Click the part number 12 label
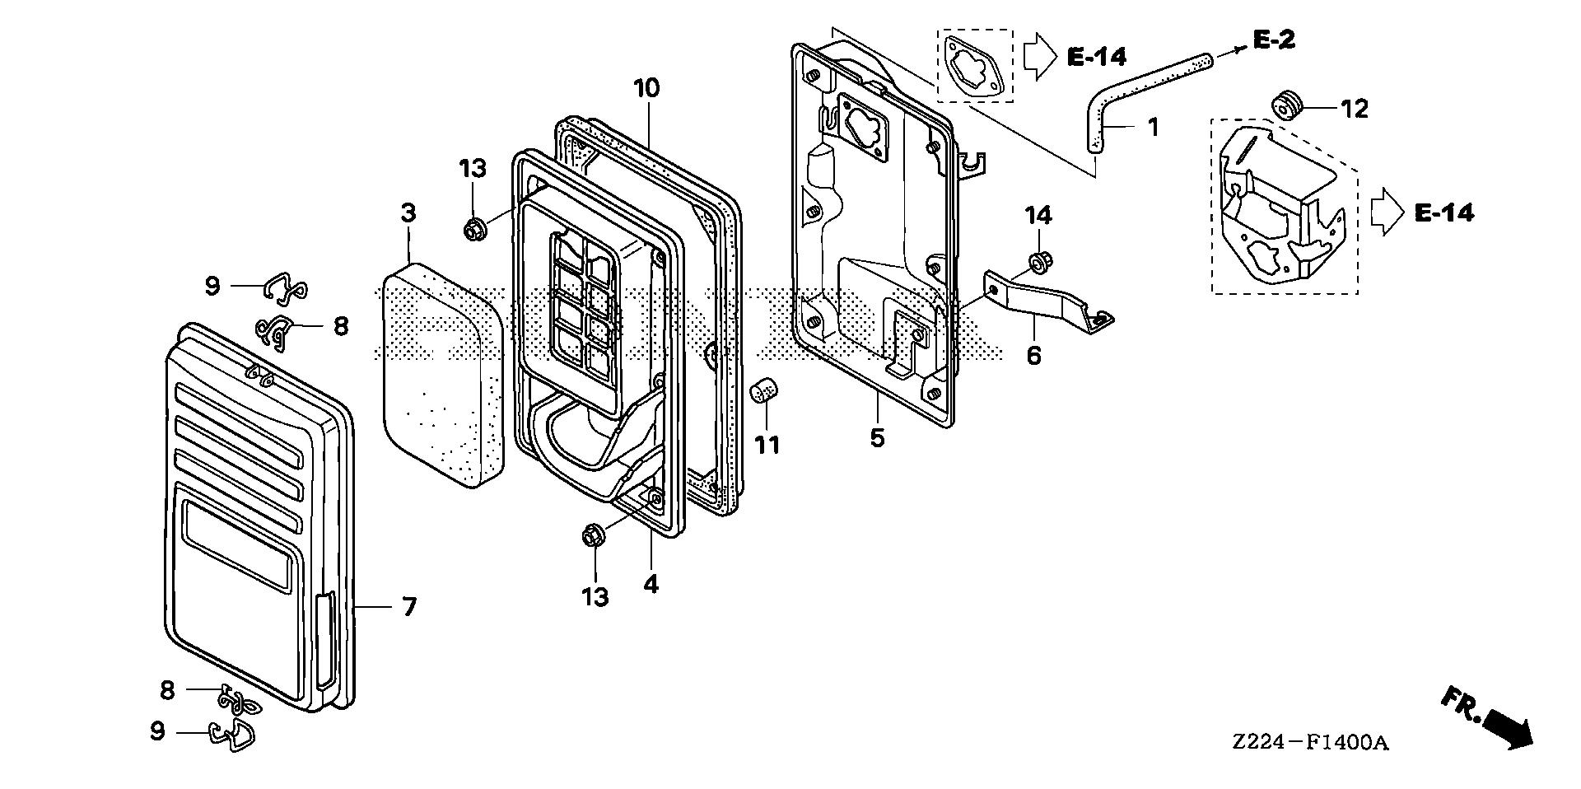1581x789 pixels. (x=1354, y=109)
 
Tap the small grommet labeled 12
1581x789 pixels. (x=1286, y=105)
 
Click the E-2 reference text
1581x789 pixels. (x=1274, y=39)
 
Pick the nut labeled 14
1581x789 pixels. (x=1038, y=263)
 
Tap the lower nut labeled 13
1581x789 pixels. (x=591, y=536)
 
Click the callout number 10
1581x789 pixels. (x=646, y=88)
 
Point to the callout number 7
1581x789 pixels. (x=408, y=608)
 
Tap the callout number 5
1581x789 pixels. (x=877, y=437)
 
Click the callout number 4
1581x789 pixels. (x=651, y=585)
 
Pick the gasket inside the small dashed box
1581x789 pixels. (x=974, y=65)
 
